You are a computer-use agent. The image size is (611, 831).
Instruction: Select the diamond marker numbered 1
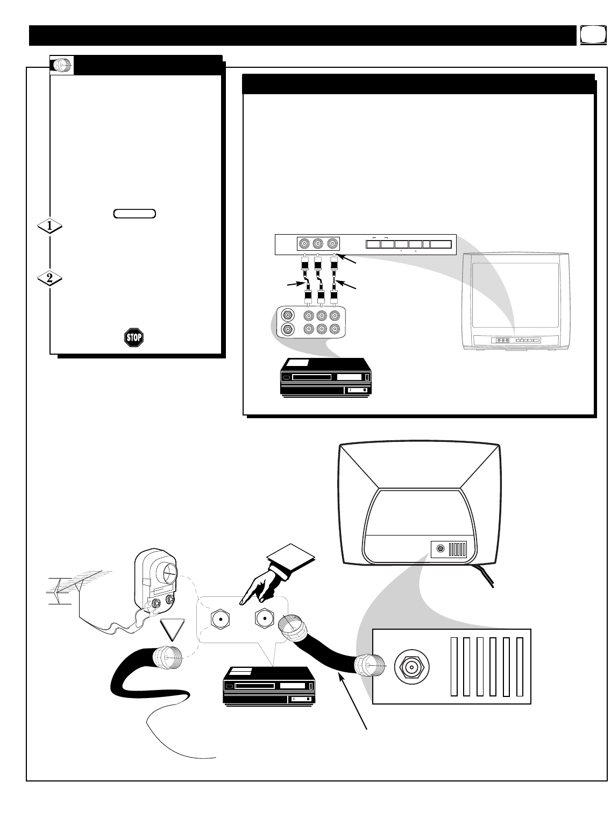click(x=49, y=227)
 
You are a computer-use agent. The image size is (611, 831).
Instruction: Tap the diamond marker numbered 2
click(x=49, y=279)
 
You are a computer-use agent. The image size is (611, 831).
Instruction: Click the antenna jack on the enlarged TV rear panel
click(x=411, y=668)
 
